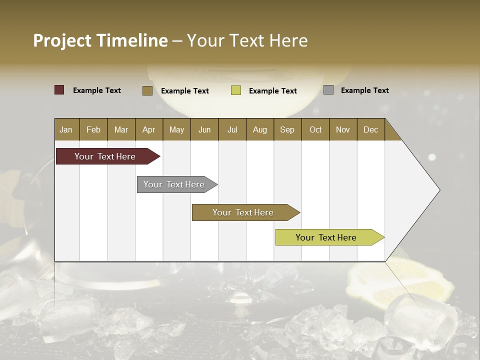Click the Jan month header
click(66, 129)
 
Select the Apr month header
click(148, 129)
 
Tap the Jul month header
click(232, 129)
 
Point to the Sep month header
click(287, 129)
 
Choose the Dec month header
click(370, 129)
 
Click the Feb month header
click(93, 129)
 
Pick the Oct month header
click(315, 129)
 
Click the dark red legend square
click(59, 90)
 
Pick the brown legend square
click(147, 90)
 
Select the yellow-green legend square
click(236, 90)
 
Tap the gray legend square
click(328, 90)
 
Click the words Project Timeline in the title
click(100, 40)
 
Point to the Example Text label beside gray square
click(364, 90)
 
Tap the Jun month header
click(204, 129)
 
